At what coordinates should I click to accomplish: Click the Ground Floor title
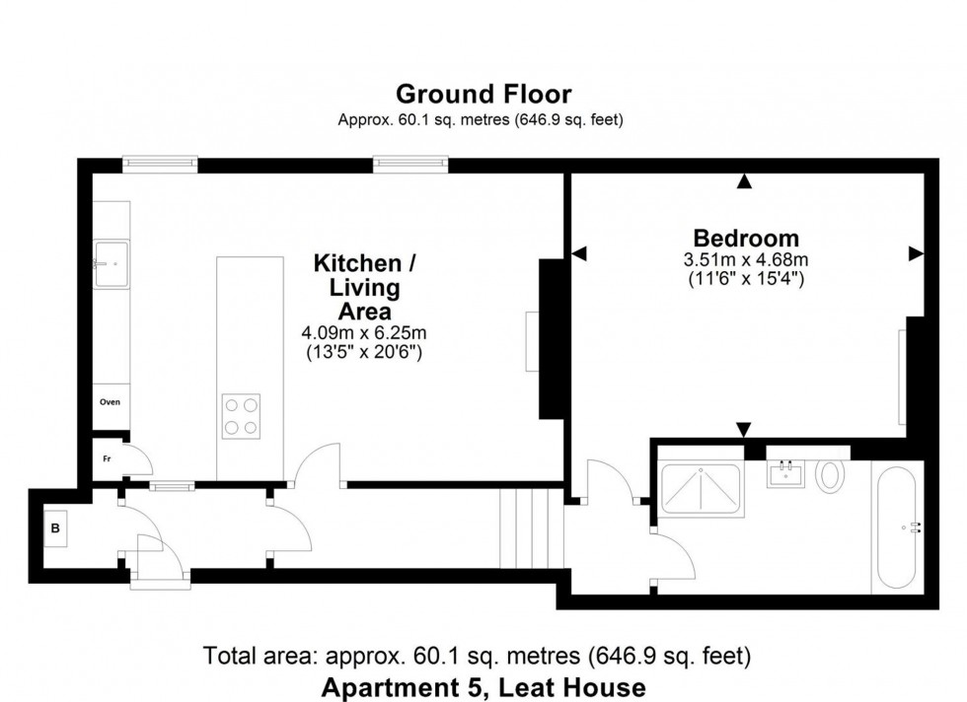[x=483, y=95]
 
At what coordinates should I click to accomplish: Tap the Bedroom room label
[x=745, y=238]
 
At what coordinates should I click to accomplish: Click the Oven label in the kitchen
[x=110, y=402]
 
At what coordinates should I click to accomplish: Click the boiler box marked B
[x=55, y=527]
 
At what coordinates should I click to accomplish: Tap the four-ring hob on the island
[x=241, y=414]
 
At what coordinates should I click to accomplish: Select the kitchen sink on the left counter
[x=111, y=263]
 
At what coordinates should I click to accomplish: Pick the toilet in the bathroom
[x=830, y=475]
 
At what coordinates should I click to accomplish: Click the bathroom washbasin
[x=787, y=474]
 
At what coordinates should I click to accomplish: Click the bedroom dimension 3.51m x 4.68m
[x=745, y=260]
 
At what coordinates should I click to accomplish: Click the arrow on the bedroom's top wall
[x=745, y=181]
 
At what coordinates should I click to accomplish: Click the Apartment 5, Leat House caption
[x=483, y=686]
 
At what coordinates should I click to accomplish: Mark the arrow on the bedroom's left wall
[x=579, y=253]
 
